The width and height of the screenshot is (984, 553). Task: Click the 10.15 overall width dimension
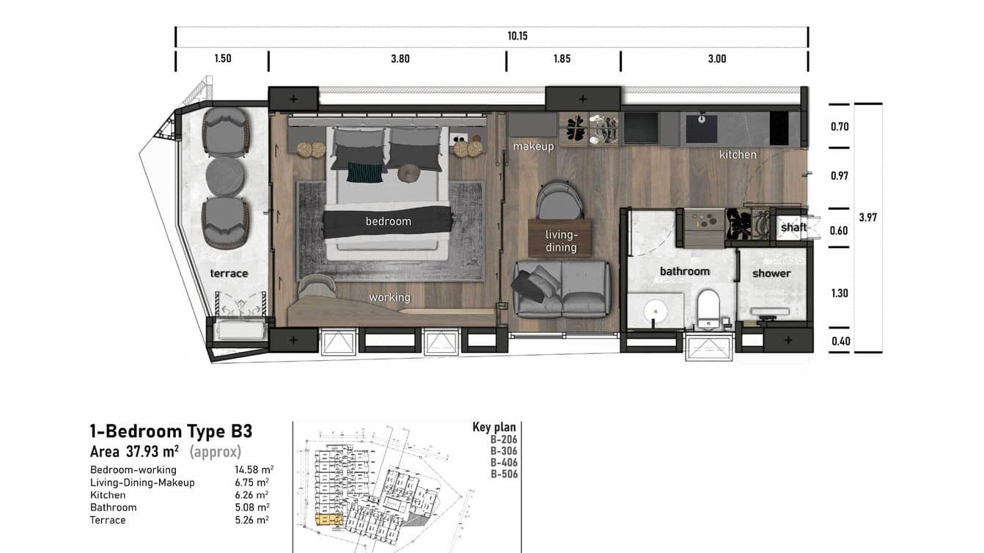(x=517, y=36)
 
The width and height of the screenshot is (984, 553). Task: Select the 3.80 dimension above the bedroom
(x=400, y=59)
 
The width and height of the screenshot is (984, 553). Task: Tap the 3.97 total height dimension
(x=867, y=218)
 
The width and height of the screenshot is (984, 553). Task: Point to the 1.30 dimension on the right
(x=840, y=293)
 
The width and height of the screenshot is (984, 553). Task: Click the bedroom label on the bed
(x=388, y=221)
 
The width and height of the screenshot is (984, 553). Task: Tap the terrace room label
(x=229, y=274)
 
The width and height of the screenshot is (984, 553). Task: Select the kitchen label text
(x=738, y=155)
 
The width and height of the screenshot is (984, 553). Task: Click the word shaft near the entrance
(x=793, y=227)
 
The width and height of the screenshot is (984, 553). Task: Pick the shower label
(x=771, y=274)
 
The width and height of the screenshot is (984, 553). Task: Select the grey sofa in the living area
(x=562, y=288)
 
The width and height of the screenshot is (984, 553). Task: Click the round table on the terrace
(x=226, y=177)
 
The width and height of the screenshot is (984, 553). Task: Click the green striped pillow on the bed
(x=364, y=172)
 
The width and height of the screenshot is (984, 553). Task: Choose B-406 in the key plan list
(x=504, y=463)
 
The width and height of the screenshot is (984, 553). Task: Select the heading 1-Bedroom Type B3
(x=171, y=431)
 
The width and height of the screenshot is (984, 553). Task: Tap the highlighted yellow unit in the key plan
(x=328, y=519)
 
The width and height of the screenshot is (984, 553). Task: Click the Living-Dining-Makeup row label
(x=142, y=483)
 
